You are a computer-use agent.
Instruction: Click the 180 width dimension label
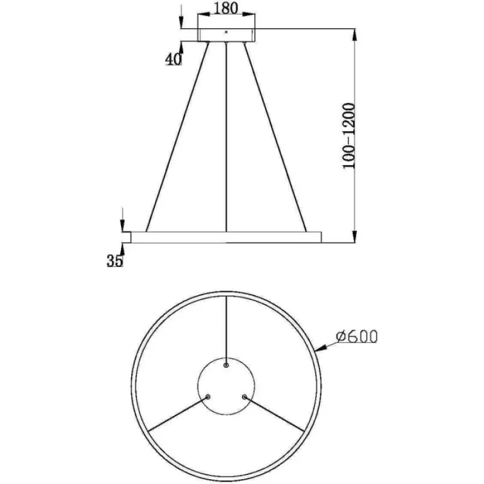pos(226,8)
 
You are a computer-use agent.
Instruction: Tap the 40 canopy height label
pos(174,59)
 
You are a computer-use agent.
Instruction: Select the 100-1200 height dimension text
pos(349,136)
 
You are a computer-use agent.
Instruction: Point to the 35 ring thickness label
pos(115,261)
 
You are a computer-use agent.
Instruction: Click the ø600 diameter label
pos(357,336)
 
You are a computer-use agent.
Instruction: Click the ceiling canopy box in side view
pos(226,35)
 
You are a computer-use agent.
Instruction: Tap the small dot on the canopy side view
pos(226,31)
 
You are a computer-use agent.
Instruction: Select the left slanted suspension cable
pos(177,137)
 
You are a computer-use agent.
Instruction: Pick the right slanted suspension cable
pos(275,137)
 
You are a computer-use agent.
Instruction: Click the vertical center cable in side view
pos(226,137)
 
